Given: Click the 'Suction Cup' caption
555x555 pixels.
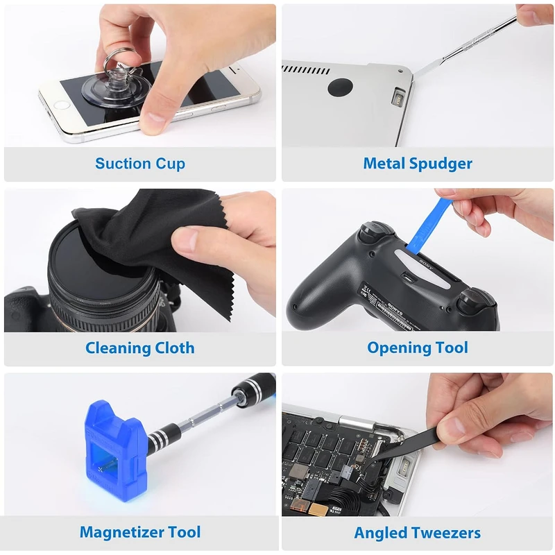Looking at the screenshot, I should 140,164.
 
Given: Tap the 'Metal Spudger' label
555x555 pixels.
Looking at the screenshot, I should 418,164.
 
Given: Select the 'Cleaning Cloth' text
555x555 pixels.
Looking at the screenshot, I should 140,348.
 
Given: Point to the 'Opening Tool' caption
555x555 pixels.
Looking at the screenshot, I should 418,348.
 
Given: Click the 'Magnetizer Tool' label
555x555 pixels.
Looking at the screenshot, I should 140,532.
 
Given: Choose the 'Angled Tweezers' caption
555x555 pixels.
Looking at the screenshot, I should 418,533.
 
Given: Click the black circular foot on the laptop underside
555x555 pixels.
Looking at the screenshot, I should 340,87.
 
